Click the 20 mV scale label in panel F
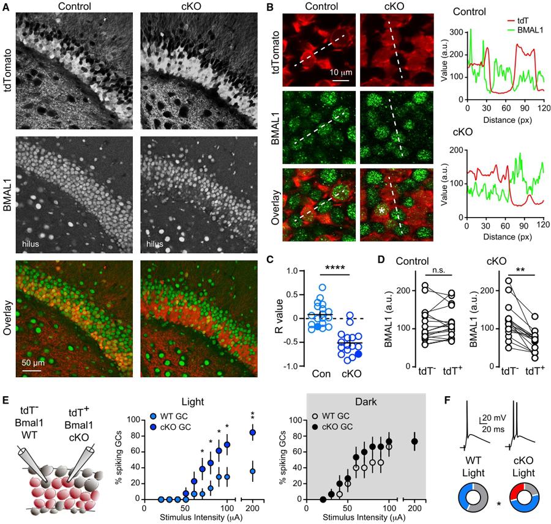coord(484,419)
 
